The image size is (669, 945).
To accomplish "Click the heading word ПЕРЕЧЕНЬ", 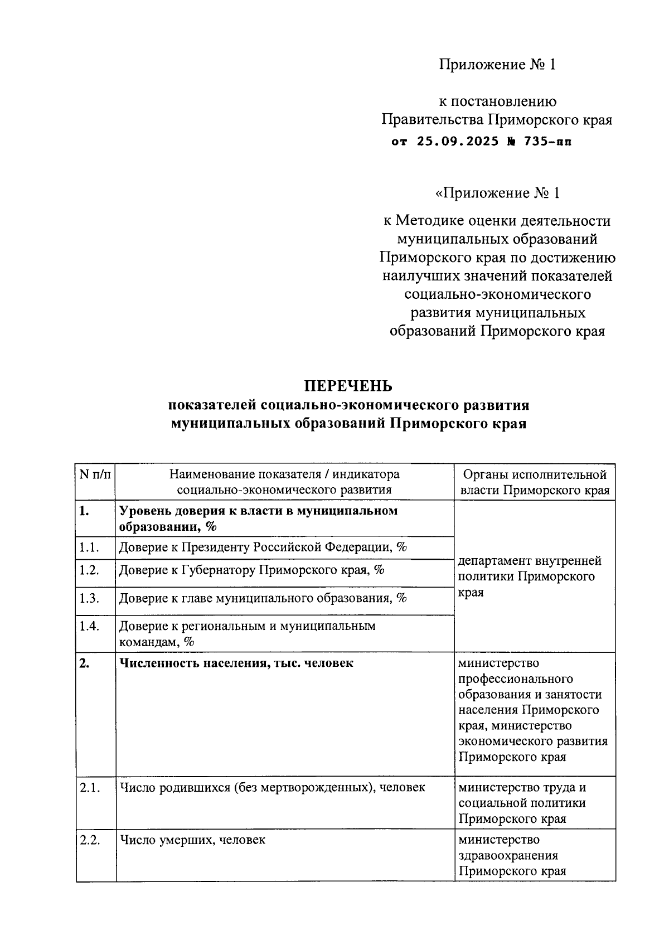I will click(348, 386).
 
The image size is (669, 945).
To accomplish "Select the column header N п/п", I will click(95, 475).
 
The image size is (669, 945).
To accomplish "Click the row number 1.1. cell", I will click(89, 547).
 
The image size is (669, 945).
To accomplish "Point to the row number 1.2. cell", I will click(89, 570).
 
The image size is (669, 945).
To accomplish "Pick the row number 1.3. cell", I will click(89, 598).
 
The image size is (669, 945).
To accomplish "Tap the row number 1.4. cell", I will click(89, 626).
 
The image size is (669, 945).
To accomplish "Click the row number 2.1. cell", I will click(89, 787).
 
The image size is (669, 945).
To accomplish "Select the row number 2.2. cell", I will click(89, 840).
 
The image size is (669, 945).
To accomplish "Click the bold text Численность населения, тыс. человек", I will click(236, 663).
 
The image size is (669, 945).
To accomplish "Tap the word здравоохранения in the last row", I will click(508, 855).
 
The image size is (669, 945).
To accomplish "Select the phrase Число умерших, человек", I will click(192, 840).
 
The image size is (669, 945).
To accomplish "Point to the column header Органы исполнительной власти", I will click(535, 482).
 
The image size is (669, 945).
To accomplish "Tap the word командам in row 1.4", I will click(147, 642).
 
